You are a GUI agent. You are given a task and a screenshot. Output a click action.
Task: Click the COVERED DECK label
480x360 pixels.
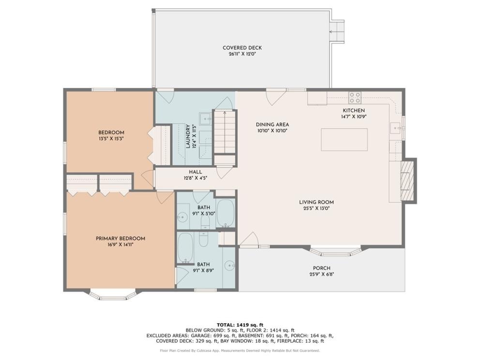pyautogui.click(x=242, y=48)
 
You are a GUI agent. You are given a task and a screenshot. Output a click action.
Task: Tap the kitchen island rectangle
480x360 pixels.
pyautogui.click(x=344, y=139)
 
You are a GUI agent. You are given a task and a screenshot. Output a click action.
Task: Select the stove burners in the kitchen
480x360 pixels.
pyautogui.click(x=355, y=98)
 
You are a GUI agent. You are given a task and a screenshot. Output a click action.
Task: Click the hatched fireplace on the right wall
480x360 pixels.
pyautogui.click(x=407, y=180)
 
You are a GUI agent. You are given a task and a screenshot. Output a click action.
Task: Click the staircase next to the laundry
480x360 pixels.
pyautogui.click(x=225, y=132)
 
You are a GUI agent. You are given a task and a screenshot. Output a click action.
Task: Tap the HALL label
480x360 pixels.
pyautogui.click(x=195, y=172)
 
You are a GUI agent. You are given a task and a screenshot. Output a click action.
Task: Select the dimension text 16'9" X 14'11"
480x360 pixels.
pyautogui.click(x=120, y=244)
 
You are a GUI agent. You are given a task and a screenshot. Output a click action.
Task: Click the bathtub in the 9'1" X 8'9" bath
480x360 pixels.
pyautogui.click(x=185, y=248)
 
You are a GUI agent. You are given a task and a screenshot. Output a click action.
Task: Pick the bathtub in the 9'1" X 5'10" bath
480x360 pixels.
pyautogui.click(x=225, y=213)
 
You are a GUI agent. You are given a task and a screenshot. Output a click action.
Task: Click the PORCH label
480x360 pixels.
pyautogui.click(x=321, y=268)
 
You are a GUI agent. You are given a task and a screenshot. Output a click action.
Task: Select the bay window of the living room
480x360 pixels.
pyautogui.click(x=335, y=251)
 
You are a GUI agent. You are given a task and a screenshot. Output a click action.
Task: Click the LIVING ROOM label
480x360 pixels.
pyautogui.click(x=316, y=202)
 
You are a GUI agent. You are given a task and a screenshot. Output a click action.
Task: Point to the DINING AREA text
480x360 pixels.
pyautogui.click(x=272, y=124)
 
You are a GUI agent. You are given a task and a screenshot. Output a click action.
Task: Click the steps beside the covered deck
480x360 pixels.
pyautogui.click(x=337, y=31)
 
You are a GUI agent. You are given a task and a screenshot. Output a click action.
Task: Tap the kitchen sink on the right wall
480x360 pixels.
pyautogui.click(x=395, y=127)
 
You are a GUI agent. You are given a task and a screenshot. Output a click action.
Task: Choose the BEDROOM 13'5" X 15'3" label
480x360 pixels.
pyautogui.click(x=111, y=135)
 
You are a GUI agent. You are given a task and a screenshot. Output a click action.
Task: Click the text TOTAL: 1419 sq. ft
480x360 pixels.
pyautogui.click(x=240, y=325)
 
